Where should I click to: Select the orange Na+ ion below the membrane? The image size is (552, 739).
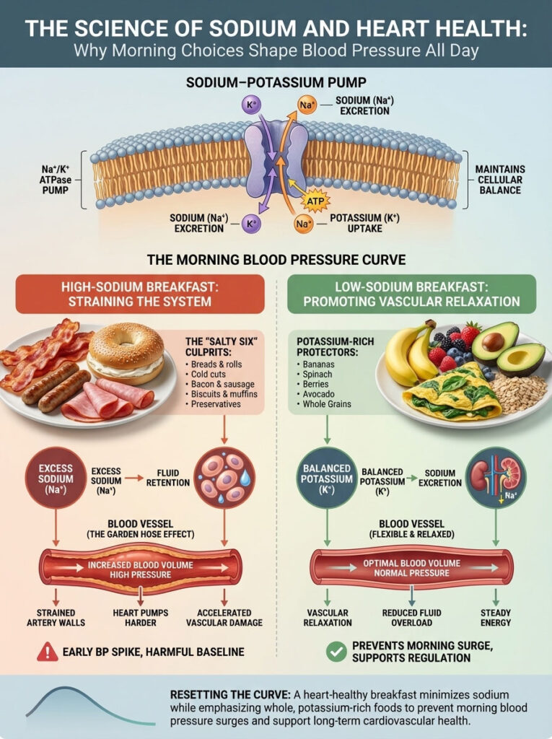coord(304,224)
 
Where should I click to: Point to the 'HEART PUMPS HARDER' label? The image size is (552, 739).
coord(140,616)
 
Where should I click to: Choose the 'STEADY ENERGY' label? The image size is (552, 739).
coord(496,616)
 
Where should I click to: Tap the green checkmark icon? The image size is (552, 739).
coord(335,651)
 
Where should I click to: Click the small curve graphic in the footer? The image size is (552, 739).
coord(90,705)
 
